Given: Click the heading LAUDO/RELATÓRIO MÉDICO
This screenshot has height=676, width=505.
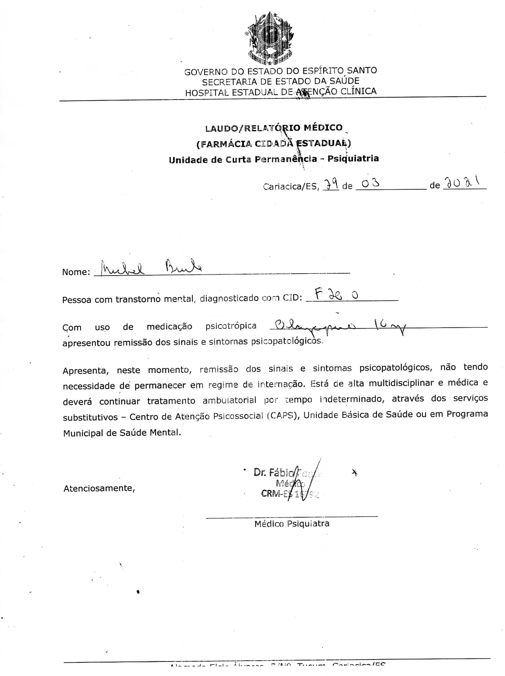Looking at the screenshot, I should pyautogui.click(x=274, y=128).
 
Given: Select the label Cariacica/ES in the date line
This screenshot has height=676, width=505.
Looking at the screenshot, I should pyautogui.click(x=291, y=186).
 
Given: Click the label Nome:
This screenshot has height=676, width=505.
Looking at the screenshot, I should pyautogui.click(x=76, y=272).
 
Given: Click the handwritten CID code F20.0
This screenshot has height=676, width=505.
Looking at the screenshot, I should pyautogui.click(x=336, y=295).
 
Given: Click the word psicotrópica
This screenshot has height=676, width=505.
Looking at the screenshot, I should pyautogui.click(x=231, y=326).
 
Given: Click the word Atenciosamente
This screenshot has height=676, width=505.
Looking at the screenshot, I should pyautogui.click(x=99, y=488).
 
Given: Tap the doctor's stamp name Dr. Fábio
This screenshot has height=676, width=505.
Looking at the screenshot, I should pyautogui.click(x=273, y=472).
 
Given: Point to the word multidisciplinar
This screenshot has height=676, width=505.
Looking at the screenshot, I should pyautogui.click(x=401, y=383).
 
